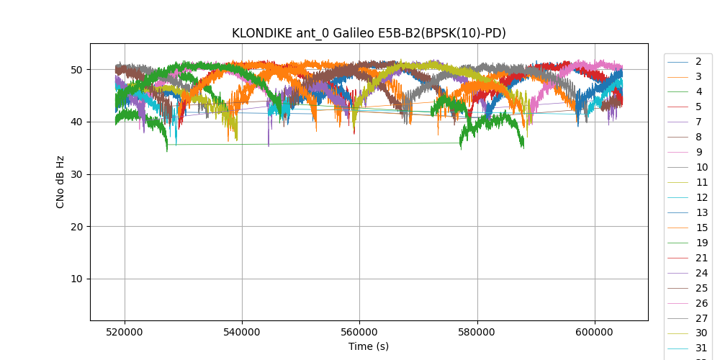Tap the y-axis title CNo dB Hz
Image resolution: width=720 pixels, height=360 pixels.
60,182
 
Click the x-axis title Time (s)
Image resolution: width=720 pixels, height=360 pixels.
369,346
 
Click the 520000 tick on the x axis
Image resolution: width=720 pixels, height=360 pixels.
125,331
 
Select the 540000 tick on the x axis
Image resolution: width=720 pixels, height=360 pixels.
242,331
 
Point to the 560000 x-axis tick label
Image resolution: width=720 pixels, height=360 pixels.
359,331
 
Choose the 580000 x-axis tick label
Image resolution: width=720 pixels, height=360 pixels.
477,331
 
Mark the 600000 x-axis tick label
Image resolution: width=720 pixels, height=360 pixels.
595,331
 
